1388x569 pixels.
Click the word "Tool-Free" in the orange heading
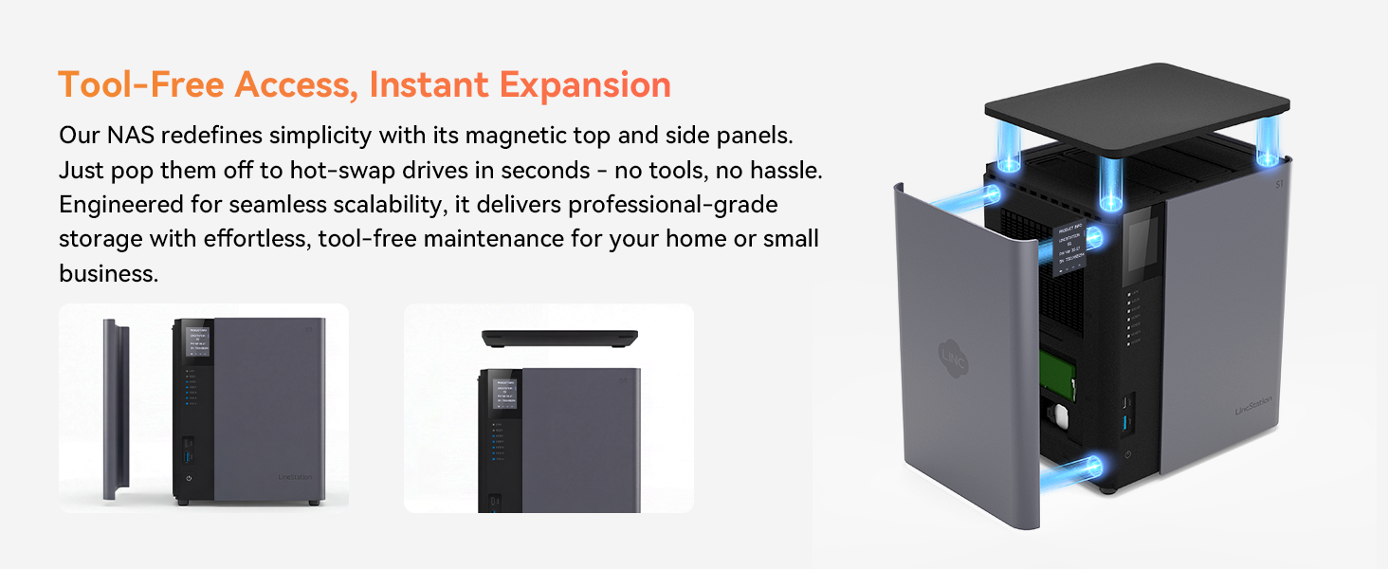pos(141,84)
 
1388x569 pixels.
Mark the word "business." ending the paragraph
pos(106,273)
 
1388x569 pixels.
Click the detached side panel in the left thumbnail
pos(116,408)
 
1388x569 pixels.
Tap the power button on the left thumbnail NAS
pos(189,479)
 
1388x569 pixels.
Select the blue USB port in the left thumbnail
pos(189,449)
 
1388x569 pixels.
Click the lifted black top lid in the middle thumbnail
pos(558,338)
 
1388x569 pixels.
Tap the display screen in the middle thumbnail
pos(503,392)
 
